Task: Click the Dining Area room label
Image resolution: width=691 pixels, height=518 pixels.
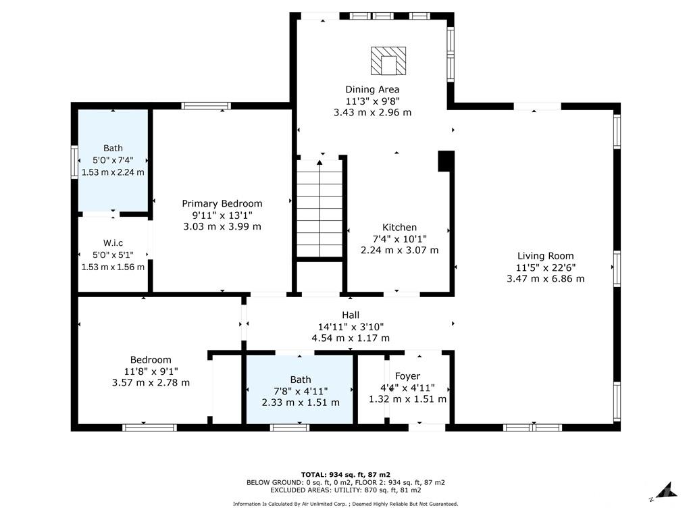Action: [372, 89]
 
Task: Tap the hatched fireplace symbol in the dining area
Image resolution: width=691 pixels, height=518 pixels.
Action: [388, 61]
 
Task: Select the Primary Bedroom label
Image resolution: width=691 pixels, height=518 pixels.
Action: [222, 203]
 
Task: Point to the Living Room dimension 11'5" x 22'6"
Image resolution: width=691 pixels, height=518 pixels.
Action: [546, 267]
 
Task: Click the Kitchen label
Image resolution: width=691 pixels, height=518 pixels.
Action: [399, 228]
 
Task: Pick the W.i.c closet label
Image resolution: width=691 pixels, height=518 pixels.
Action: [113, 243]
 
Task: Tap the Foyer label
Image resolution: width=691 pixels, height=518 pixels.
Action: [407, 376]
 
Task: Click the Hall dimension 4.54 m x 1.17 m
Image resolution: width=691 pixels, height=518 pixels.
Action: [351, 338]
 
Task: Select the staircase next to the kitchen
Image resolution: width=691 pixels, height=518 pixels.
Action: [319, 208]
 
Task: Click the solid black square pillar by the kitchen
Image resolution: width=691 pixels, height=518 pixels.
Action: [446, 161]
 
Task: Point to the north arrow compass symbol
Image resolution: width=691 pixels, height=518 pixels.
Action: [666, 492]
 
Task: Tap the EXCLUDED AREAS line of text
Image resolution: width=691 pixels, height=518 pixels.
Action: [346, 490]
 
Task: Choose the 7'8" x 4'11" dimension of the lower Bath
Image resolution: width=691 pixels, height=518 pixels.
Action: [301, 391]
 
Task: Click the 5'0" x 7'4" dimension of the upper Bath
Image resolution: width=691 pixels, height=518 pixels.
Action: [113, 160]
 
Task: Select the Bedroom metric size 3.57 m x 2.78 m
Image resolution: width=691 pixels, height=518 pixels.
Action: [151, 383]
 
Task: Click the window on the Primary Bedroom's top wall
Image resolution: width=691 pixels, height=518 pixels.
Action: [206, 106]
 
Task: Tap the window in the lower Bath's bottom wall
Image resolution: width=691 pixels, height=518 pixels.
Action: [290, 428]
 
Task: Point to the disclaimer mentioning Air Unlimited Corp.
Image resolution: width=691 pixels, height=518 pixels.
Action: [346, 504]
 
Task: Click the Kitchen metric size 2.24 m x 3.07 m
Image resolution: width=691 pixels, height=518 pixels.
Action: [399, 250]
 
